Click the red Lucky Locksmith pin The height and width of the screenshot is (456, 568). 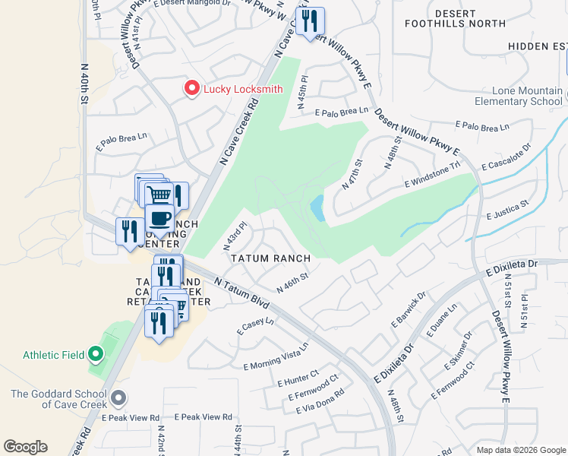click(x=192, y=89)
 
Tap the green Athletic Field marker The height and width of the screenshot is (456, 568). click(x=96, y=354)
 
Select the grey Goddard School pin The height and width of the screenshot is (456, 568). click(x=118, y=397)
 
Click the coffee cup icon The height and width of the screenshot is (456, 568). click(x=159, y=219)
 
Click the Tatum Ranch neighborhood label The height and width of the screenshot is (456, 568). click(x=270, y=258)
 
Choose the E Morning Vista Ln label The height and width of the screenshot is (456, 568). click(x=276, y=356)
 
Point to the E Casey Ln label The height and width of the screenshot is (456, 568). click(x=255, y=326)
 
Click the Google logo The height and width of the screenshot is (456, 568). click(x=25, y=447)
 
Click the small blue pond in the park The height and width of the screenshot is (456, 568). click(x=317, y=207)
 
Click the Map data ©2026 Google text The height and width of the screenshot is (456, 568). click(x=520, y=450)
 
